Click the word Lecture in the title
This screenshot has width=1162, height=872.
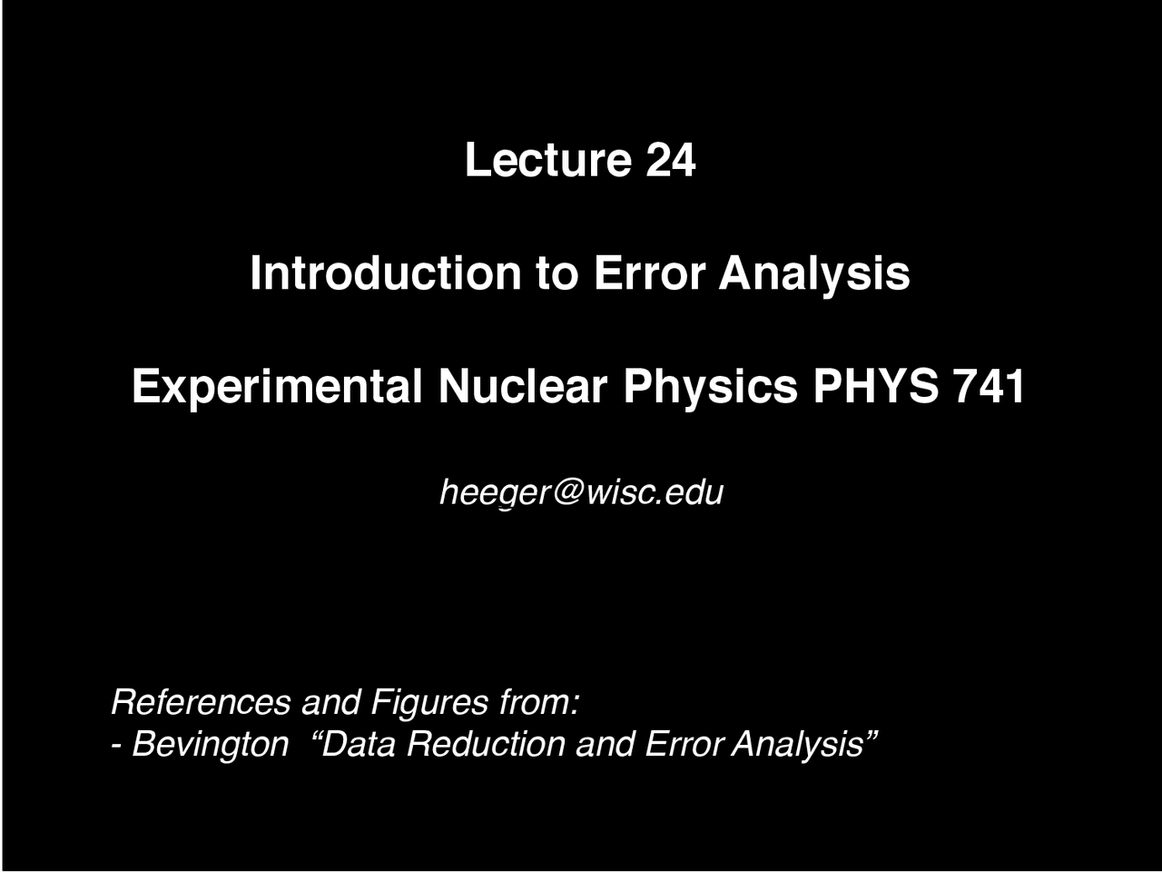[547, 160]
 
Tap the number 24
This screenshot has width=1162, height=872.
[670, 160]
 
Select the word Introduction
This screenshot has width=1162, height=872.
[385, 272]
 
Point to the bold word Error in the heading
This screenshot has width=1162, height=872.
[648, 272]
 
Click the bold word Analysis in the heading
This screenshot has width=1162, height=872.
[814, 272]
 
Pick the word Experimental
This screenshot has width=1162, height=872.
[277, 387]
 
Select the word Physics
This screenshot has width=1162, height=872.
[710, 387]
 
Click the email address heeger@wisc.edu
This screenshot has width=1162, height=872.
[581, 492]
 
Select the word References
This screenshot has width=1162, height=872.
[201, 702]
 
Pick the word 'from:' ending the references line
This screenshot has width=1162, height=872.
[539, 702]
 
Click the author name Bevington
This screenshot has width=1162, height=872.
[211, 745]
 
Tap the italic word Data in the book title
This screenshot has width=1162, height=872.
[359, 744]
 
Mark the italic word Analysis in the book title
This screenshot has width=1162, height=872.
[803, 745]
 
